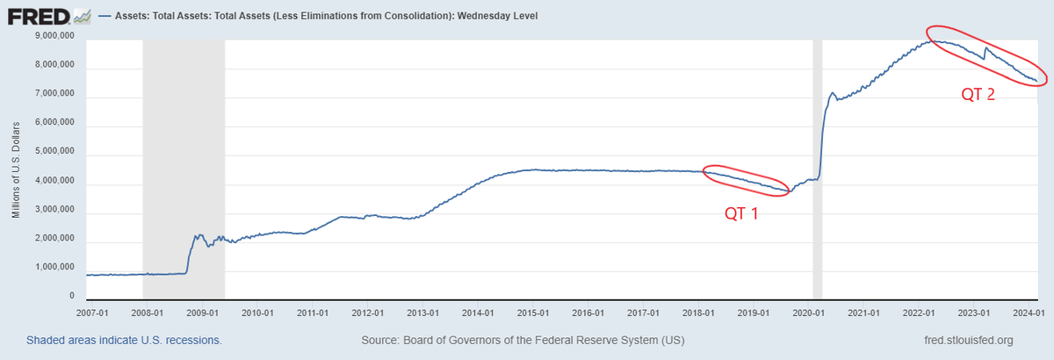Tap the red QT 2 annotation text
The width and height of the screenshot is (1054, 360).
[x=978, y=94]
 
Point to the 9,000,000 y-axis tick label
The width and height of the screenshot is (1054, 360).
[x=53, y=36]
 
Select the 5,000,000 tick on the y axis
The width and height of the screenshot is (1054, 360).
[x=53, y=154]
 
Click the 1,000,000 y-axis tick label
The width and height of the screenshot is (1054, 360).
[x=53, y=270]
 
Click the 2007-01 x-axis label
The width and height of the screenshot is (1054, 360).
[x=91, y=312]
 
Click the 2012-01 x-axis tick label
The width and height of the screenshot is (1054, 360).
[x=367, y=312]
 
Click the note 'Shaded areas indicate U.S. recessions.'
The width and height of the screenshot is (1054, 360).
[x=124, y=340]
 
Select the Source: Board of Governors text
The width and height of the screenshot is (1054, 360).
[x=523, y=340]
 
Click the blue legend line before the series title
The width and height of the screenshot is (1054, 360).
[x=108, y=16]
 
